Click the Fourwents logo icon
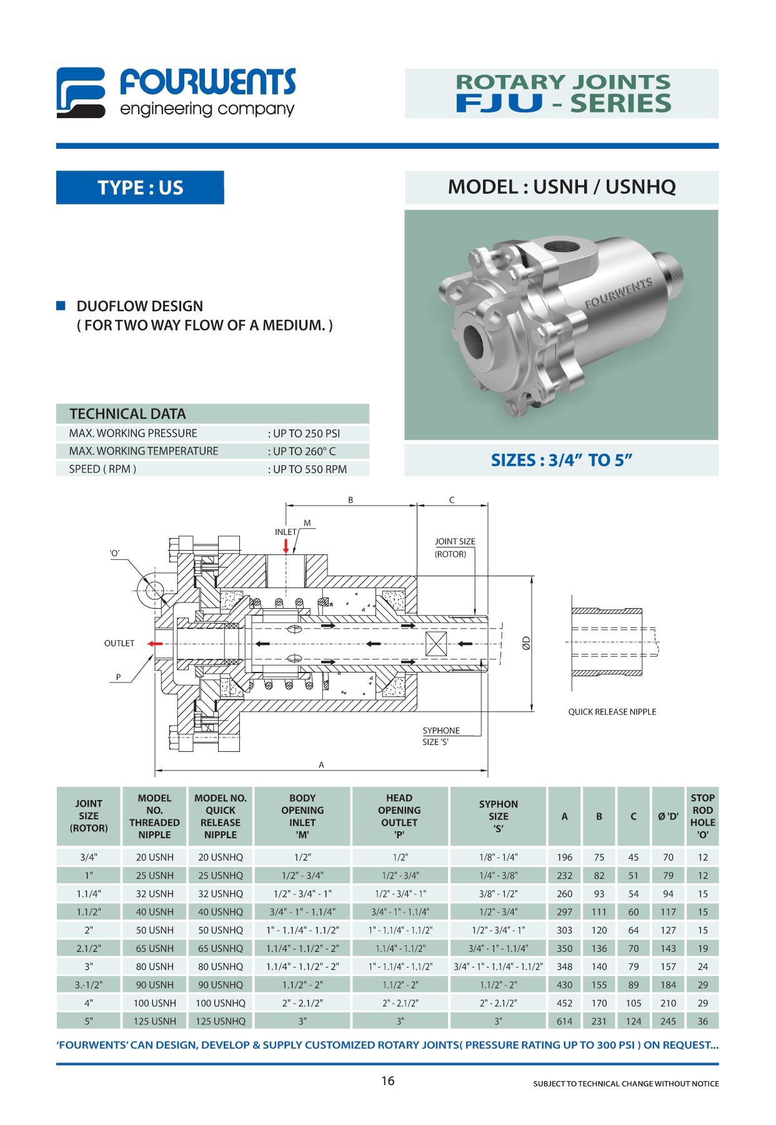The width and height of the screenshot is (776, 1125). tap(81, 92)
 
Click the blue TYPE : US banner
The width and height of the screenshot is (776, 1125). tap(140, 187)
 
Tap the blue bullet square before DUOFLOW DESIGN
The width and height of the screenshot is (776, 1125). tap(61, 306)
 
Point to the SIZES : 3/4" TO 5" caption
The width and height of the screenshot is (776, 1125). tap(561, 461)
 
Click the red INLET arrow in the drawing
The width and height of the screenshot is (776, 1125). tap(286, 546)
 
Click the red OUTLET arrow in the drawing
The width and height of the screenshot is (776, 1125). tap(154, 643)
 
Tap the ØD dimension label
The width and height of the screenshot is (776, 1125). tap(526, 643)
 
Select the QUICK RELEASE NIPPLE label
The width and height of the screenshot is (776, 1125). tap(612, 712)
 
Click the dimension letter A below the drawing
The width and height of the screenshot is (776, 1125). tap(321, 765)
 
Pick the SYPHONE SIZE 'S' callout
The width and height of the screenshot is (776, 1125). tap(440, 736)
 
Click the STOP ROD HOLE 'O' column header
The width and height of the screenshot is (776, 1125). tap(702, 816)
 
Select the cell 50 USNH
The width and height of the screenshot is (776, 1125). tap(155, 930)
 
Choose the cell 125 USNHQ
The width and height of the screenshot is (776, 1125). tap(221, 1021)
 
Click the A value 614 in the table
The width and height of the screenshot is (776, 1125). tap(564, 1021)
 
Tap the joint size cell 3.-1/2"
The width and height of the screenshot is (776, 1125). tap(89, 985)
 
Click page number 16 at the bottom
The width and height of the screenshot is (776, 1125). tap(388, 1081)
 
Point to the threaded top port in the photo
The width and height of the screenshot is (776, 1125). tap(562, 245)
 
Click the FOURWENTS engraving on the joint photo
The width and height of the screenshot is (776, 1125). tap(619, 292)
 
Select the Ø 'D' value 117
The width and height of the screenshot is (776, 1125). tap(668, 912)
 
